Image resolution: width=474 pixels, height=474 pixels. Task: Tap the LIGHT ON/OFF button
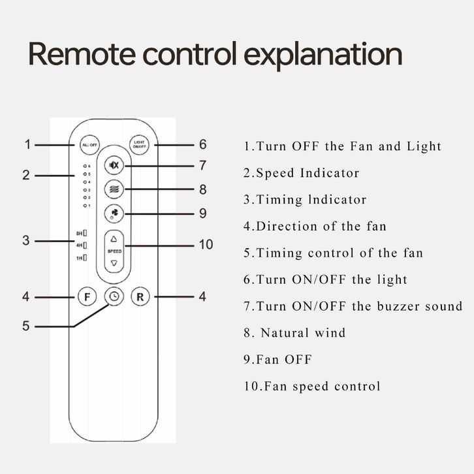tap(140, 145)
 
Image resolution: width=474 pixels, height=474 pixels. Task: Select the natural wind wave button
tap(114, 189)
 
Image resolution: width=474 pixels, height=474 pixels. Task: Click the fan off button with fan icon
tap(114, 213)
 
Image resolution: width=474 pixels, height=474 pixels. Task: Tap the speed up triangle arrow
tap(114, 238)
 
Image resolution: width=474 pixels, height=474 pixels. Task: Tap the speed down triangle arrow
tap(114, 262)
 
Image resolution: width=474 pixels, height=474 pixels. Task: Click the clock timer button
tap(114, 296)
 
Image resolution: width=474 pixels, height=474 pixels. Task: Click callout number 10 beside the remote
tap(206, 244)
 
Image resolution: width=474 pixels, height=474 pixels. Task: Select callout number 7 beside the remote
tap(203, 165)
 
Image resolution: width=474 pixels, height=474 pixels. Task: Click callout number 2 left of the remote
tap(26, 175)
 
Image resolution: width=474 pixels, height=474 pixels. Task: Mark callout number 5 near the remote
tap(26, 325)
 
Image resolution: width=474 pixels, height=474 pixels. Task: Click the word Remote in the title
tap(80, 55)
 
